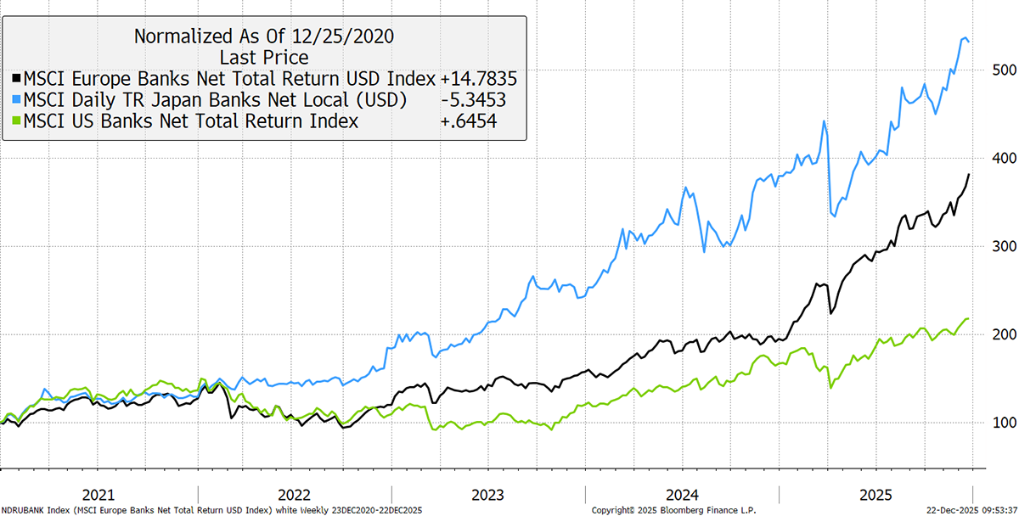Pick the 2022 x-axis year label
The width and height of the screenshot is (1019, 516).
294,494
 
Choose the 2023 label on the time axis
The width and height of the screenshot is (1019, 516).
488,494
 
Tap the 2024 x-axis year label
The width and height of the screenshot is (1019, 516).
683,494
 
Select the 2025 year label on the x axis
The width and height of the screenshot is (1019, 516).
876,494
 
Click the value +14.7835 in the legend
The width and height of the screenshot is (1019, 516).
478,79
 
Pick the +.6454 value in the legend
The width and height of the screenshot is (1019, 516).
469,122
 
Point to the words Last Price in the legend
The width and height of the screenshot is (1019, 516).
264,58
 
